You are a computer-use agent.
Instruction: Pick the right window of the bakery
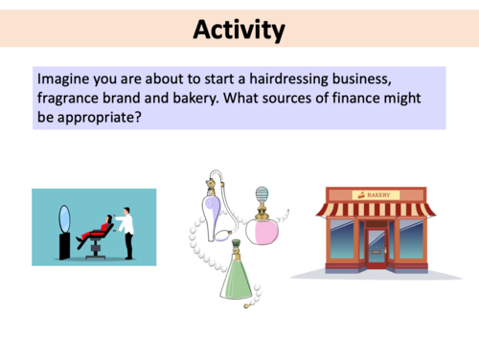410,240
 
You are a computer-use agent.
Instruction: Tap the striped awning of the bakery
375,210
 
